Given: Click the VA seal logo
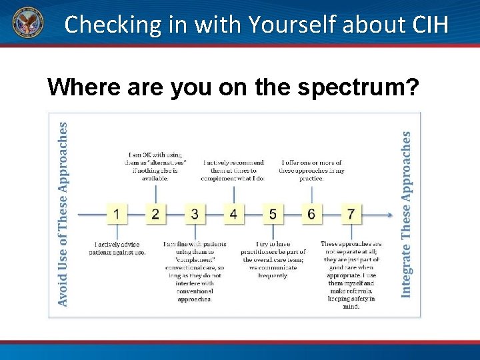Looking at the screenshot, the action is tap(26, 24).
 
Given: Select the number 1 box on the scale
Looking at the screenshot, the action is tap(117, 214).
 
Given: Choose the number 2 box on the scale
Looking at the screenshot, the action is tap(155, 214).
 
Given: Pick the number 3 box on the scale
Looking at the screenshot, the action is tap(195, 214).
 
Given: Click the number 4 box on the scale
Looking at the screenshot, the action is tap(233, 214).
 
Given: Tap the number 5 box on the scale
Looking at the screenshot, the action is tap(273, 214).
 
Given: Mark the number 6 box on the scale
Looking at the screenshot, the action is tap(311, 214).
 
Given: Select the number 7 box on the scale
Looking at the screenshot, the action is tap(351, 214).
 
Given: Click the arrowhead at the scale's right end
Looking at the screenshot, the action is tap(389, 215).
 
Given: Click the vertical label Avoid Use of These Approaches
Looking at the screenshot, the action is tap(63, 213).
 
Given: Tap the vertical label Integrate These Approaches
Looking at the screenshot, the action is tap(406, 213).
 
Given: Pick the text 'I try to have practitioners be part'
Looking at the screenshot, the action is tap(273, 260).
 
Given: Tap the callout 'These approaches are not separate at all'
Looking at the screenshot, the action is tap(351, 275).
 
